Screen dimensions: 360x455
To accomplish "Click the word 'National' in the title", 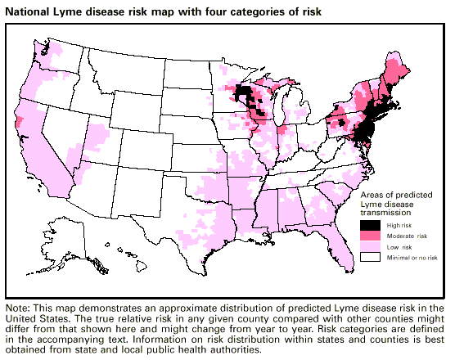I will (28, 11).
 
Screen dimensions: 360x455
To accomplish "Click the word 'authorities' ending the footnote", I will (237, 349).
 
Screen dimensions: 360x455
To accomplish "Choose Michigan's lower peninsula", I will (291, 106).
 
